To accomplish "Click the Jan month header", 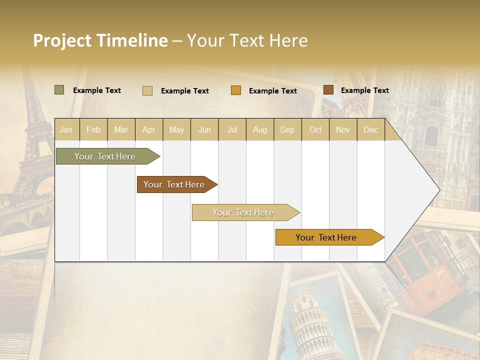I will (66, 129).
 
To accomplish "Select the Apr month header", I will (148, 129).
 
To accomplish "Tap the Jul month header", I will (232, 129).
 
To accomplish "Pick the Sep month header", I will (287, 129).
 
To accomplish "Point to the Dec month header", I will (370, 129).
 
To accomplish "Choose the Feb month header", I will (93, 129).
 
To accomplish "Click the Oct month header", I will (315, 129).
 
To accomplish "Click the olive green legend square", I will (59, 90).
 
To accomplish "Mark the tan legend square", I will (147, 90).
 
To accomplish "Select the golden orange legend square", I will (236, 90).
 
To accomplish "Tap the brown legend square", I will (328, 90).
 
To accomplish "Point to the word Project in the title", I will (62, 40).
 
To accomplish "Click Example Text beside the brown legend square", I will (364, 90).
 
